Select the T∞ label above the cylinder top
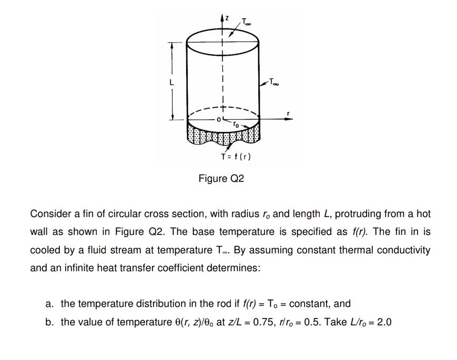coord(247,22)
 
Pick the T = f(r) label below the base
coord(236,157)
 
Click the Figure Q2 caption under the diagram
coord(221,179)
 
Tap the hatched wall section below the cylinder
coord(224,136)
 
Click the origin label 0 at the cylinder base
coord(216,120)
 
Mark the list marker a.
coord(50,304)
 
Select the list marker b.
coord(50,322)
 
